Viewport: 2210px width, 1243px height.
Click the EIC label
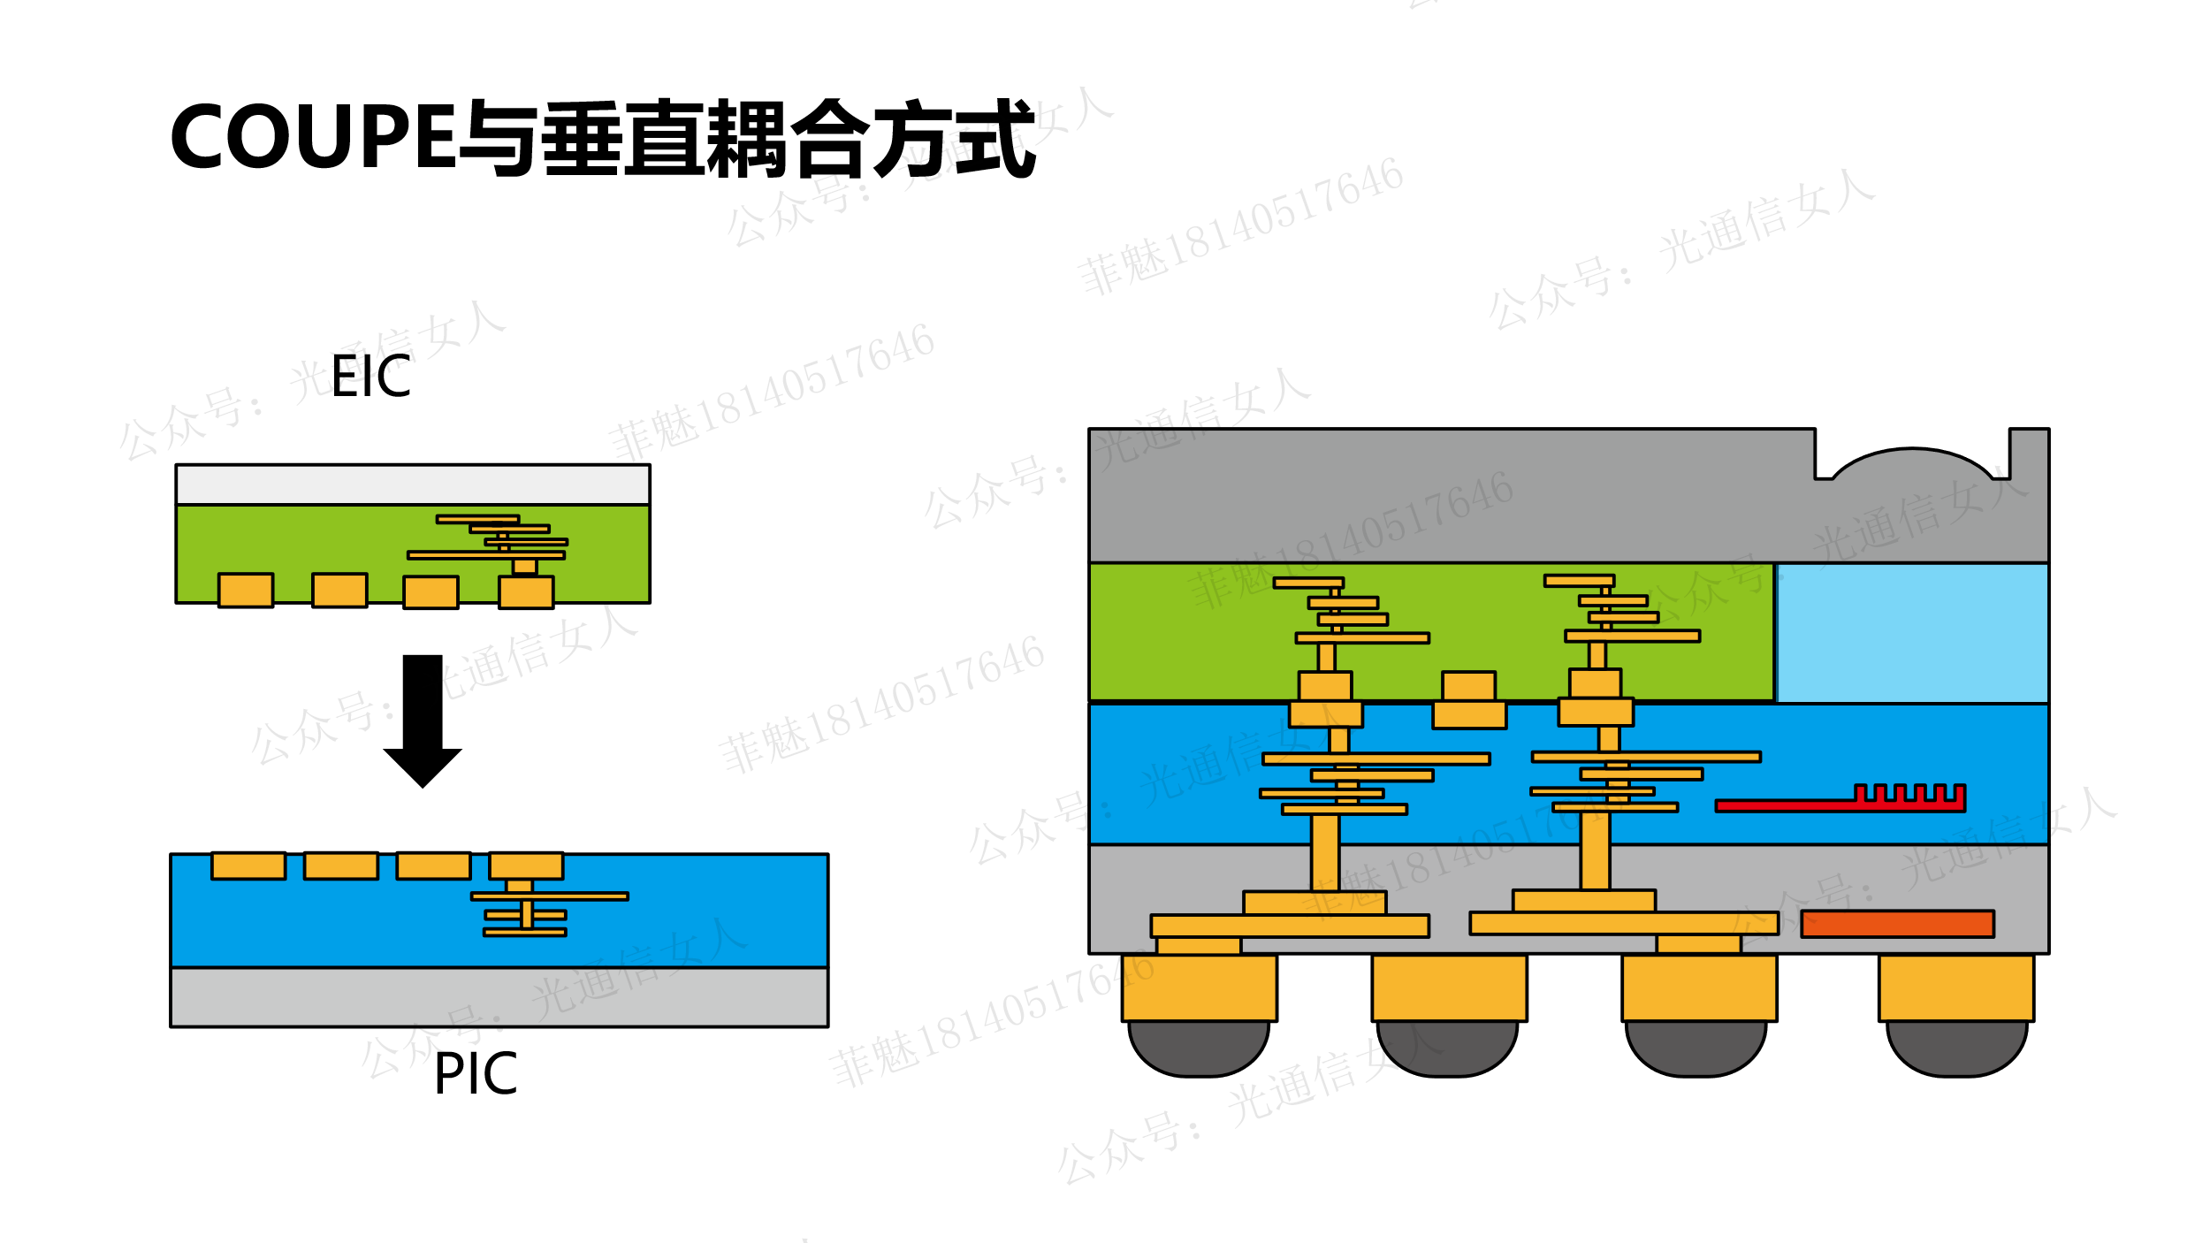370,377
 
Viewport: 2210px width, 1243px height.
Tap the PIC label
475,1075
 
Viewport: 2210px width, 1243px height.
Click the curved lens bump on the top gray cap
1913,463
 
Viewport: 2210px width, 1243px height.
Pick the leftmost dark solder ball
1199,1047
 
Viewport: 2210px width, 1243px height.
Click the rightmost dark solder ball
1957,1047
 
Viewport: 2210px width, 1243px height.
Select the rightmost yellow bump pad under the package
1956,988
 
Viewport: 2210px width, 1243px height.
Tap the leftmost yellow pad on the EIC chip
246,590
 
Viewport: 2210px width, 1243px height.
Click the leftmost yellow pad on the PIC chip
248,866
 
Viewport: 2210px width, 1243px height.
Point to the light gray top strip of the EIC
413,484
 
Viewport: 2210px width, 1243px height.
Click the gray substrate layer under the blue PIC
499,997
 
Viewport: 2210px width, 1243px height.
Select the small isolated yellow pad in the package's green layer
1469,686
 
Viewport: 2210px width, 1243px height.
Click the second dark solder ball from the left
1447,1047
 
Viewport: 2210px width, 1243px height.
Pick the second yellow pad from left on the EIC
339,590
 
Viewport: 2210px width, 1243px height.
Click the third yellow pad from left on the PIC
433,866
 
